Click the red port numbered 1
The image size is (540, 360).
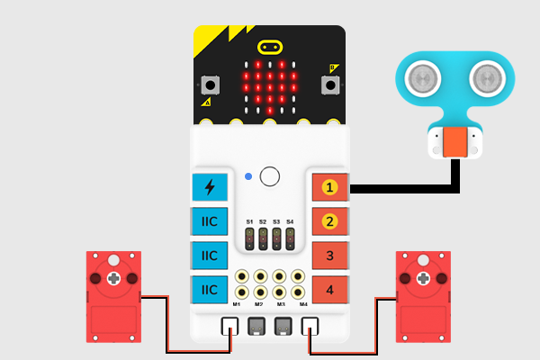tap(329, 187)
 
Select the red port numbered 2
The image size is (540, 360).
tap(329, 221)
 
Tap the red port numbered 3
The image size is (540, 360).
tap(329, 256)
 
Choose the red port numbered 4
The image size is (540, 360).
tap(329, 289)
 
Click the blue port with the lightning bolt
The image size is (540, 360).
tap(210, 187)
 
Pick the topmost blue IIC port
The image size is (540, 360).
tap(210, 221)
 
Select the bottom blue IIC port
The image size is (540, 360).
tap(210, 289)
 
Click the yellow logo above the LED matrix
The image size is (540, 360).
tap(270, 46)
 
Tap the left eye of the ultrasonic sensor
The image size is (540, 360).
tap(421, 78)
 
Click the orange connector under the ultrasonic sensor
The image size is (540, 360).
tap(455, 142)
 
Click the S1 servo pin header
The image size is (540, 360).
tap(249, 238)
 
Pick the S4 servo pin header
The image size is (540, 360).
tap(290, 238)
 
